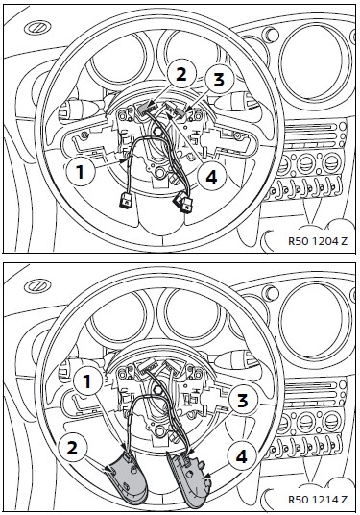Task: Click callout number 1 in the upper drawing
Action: tap(80, 171)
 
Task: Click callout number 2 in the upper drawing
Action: tap(181, 75)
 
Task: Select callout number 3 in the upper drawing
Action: tap(219, 80)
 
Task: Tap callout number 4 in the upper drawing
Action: tap(211, 178)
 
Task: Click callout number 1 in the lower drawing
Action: tap(87, 381)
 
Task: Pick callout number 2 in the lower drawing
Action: tap(73, 448)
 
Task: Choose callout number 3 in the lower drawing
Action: tap(242, 401)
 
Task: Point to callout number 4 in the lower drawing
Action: tap(242, 456)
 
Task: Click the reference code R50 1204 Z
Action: tap(318, 241)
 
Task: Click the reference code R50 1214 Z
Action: tap(318, 500)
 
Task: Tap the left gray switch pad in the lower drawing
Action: tap(128, 477)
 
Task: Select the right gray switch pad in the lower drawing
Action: tap(189, 478)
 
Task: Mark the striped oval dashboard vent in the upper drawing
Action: tap(37, 28)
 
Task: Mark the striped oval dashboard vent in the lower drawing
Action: tap(37, 286)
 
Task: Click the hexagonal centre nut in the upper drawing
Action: tap(156, 132)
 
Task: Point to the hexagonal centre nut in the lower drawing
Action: tap(156, 390)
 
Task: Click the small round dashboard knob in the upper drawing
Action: tap(271, 34)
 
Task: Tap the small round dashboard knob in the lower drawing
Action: tap(271, 292)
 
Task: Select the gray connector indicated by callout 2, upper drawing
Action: tap(142, 108)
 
